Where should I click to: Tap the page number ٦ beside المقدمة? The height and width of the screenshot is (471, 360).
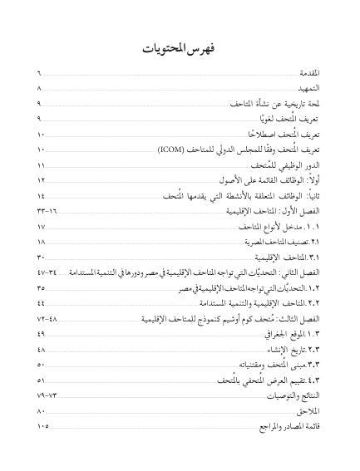[39, 75]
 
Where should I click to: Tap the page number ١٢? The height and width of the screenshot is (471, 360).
[42, 180]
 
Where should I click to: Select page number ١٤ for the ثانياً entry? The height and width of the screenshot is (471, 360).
[42, 196]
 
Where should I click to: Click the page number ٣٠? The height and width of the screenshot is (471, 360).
[42, 258]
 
